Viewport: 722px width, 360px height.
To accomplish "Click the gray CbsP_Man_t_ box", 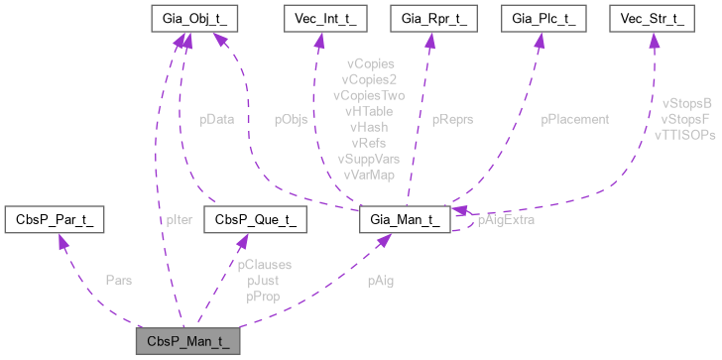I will [187, 342].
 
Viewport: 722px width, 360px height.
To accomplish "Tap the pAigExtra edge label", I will [506, 220].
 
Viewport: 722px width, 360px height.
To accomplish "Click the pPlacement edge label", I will [572, 119].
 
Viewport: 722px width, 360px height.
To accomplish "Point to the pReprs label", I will [452, 119].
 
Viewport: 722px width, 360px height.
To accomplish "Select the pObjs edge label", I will [291, 119].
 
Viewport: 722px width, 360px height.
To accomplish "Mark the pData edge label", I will [216, 119].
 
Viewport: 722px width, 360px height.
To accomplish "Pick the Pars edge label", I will [119, 281].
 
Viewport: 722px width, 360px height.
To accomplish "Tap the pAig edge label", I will [379, 281].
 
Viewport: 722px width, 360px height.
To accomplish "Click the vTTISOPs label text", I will [684, 133].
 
